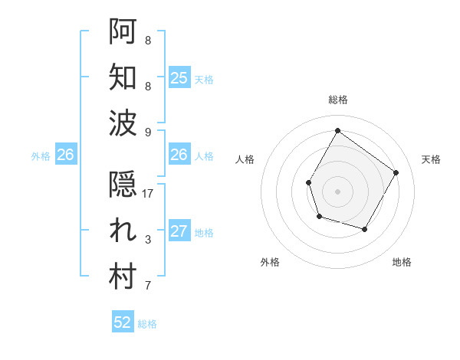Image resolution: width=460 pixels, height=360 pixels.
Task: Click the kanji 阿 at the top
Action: click(123, 31)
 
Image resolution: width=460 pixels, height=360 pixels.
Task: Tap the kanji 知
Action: click(123, 77)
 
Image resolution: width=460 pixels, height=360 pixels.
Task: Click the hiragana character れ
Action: click(123, 232)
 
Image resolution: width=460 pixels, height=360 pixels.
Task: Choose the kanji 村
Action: click(123, 278)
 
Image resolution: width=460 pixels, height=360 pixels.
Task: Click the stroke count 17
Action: click(148, 194)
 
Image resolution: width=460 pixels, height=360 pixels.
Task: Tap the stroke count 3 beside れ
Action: click(148, 241)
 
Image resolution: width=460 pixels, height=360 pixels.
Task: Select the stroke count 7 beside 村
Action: click(148, 286)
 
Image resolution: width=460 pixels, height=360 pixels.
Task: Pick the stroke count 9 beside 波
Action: click(148, 132)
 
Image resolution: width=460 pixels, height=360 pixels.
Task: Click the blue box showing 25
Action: click(179, 77)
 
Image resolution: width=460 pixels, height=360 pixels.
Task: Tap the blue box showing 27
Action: click(179, 232)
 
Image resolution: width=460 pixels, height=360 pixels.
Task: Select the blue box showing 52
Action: click(123, 322)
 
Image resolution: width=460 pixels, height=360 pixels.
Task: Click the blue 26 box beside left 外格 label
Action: click(65, 155)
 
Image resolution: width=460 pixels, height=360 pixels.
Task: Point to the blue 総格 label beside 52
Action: click(147, 324)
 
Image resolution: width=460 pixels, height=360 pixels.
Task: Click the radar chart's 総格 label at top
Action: click(337, 100)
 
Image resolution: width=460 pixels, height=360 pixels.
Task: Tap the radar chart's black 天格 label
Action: click(431, 159)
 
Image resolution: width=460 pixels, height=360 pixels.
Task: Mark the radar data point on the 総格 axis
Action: click(337, 130)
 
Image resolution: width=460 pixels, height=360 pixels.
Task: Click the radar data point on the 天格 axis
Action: click(396, 172)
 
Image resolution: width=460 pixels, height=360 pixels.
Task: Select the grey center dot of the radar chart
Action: click(337, 191)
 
